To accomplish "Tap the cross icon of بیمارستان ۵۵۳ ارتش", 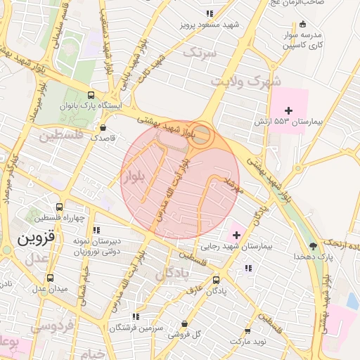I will [x=288, y=110].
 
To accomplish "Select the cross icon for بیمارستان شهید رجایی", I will [x=236, y=233].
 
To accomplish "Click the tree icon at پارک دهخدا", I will [x=312, y=245].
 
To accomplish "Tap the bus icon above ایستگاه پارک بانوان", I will [x=90, y=95].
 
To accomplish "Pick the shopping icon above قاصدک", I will [x=104, y=128].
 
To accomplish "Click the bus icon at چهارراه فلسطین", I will [x=59, y=207].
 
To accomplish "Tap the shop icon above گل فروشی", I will [x=184, y=323].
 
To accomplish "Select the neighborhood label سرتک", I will [x=198, y=51].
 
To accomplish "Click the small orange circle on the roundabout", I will [x=201, y=136].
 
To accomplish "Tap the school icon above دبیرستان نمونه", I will [x=97, y=229].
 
